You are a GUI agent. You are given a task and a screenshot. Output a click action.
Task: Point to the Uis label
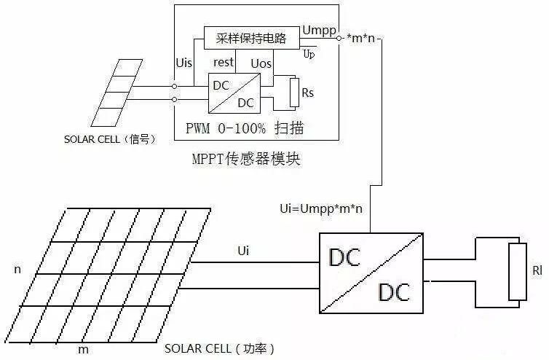[184, 63]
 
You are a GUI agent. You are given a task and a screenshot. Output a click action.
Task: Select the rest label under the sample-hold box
[224, 63]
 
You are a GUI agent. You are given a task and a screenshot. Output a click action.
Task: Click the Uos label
[261, 63]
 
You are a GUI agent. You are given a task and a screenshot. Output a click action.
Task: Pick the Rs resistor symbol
[295, 92]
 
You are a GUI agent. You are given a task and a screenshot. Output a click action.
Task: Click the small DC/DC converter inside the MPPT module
[234, 94]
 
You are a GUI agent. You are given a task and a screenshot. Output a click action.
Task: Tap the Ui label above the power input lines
[244, 250]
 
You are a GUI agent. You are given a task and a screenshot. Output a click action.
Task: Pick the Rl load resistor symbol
[518, 272]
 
